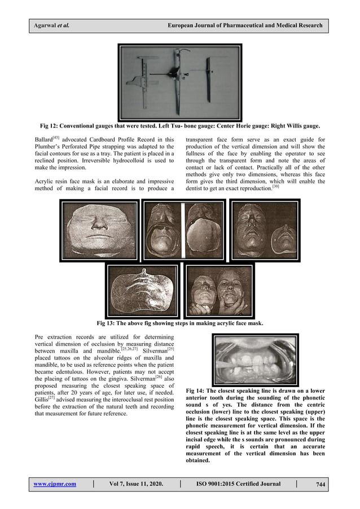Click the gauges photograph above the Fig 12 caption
(179, 78)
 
